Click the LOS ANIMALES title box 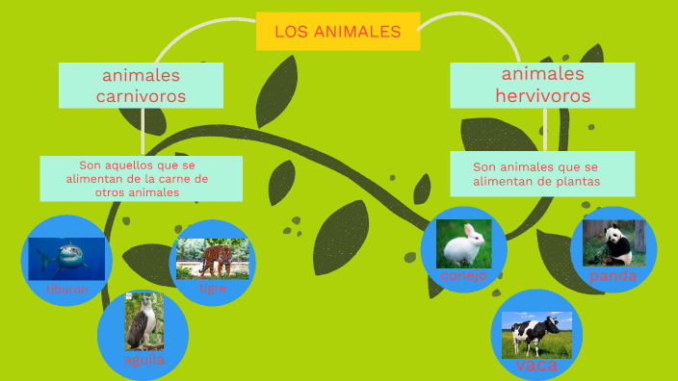[338, 31]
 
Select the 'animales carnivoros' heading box [141, 86]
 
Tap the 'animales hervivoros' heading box [542, 85]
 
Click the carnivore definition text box [141, 178]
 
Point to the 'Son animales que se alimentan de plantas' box [542, 174]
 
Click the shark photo [66, 258]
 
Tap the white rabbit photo [464, 243]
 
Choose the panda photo [613, 242]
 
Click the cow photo [536, 334]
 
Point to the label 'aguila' [144, 360]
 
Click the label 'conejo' [464, 276]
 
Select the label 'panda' [613, 276]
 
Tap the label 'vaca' [536, 367]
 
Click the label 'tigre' [213, 288]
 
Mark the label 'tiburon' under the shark [66, 289]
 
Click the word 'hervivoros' [542, 95]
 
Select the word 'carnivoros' [141, 96]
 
